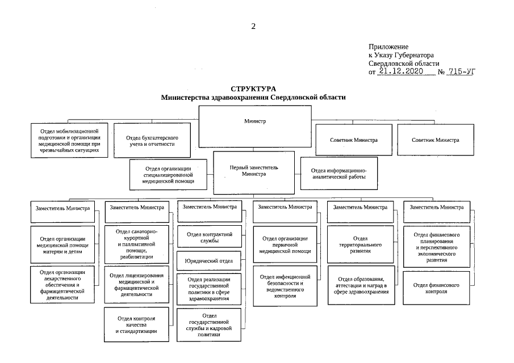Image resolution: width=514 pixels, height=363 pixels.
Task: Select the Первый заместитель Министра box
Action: tap(254, 171)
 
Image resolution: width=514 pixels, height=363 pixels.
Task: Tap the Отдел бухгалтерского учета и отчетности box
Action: tap(150, 141)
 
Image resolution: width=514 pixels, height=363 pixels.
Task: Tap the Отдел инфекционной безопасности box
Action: tap(286, 285)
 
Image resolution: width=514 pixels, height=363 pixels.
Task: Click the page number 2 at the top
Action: tap(253, 26)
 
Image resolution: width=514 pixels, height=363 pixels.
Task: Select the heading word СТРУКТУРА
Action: tap(253, 89)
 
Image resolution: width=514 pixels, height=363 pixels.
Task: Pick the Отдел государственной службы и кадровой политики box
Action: tap(210, 324)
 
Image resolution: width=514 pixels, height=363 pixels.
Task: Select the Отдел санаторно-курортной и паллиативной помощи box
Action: tap(136, 244)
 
